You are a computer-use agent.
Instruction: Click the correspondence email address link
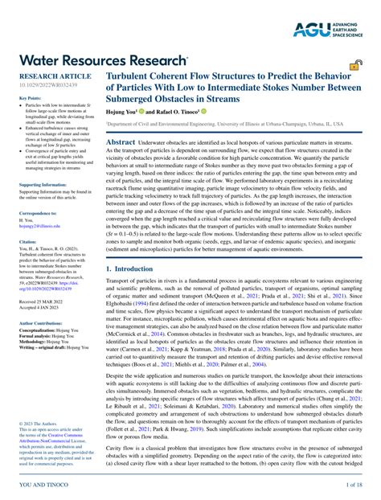click(x=40, y=227)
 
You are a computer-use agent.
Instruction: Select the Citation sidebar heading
click(x=27, y=241)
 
